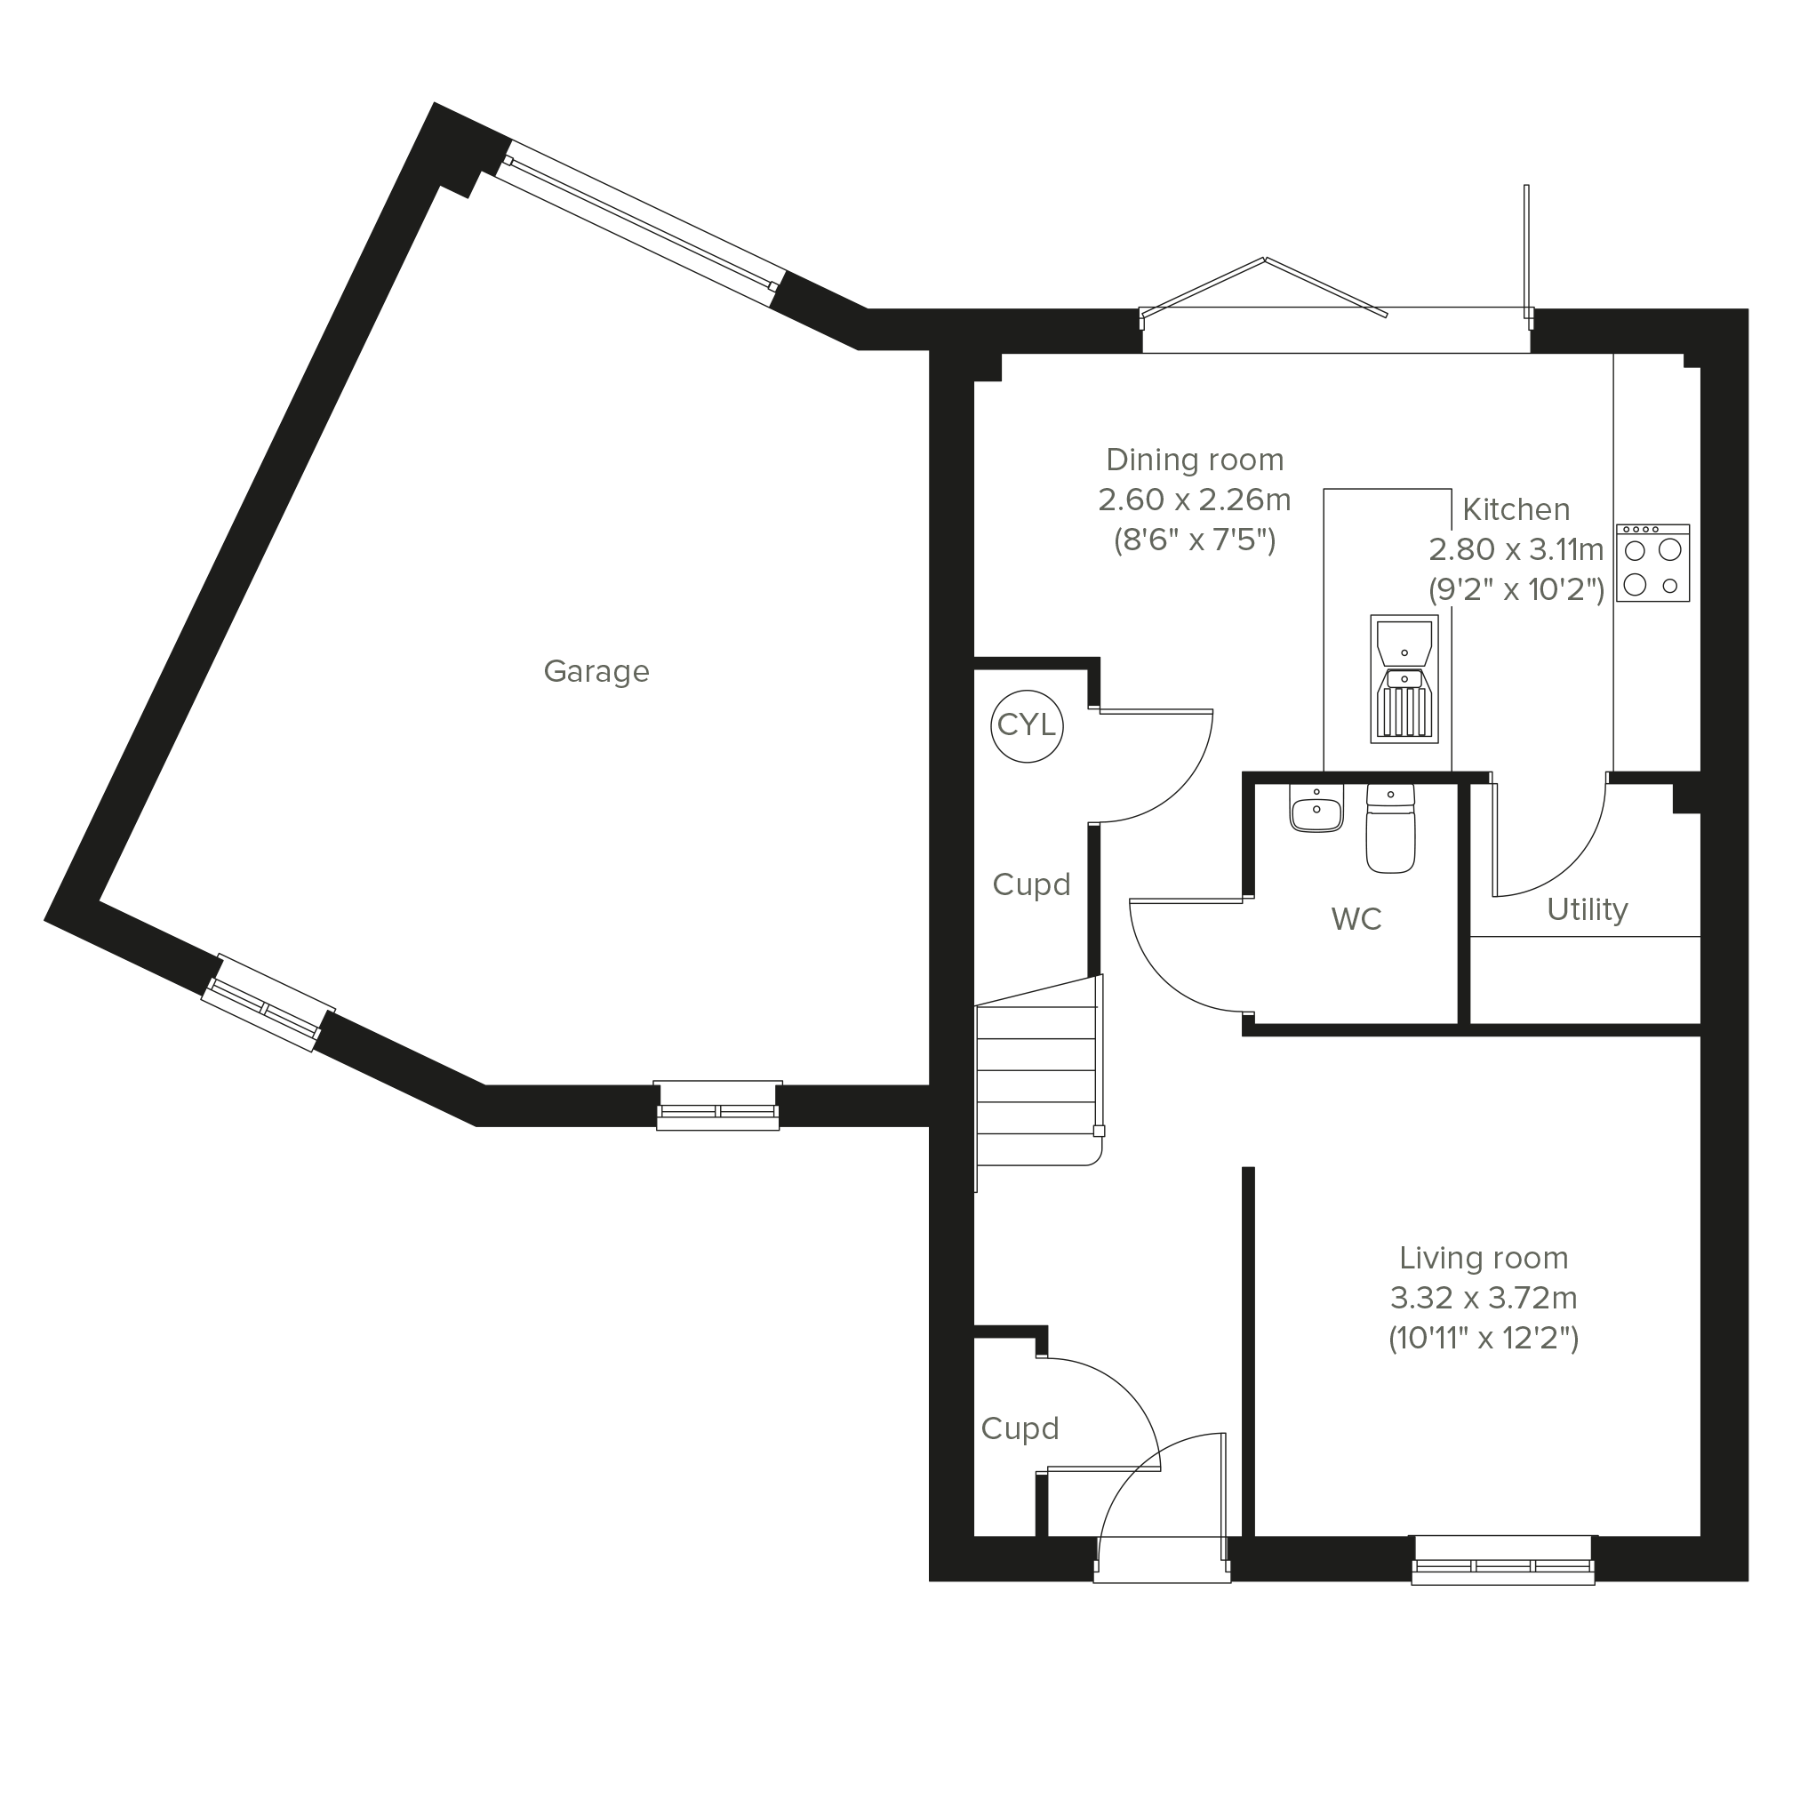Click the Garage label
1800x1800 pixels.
point(596,672)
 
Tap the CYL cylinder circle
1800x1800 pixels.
point(1027,725)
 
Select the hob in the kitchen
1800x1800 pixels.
point(1652,563)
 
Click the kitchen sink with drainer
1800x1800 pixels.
point(1404,679)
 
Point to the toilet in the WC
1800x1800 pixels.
point(1390,828)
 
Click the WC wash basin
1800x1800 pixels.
point(1316,808)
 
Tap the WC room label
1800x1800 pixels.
point(1356,920)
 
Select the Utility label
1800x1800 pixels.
point(1588,909)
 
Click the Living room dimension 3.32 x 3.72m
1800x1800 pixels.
point(1484,1298)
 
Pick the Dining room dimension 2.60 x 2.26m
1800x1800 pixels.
point(1195,500)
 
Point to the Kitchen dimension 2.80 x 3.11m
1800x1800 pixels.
point(1516,549)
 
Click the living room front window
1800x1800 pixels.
point(1503,1560)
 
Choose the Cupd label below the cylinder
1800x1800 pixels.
point(1031,884)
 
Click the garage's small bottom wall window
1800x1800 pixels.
point(717,1106)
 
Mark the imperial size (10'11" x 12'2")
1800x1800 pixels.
point(1484,1339)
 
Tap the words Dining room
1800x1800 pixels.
point(1195,460)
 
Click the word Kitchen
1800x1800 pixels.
point(1516,509)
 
